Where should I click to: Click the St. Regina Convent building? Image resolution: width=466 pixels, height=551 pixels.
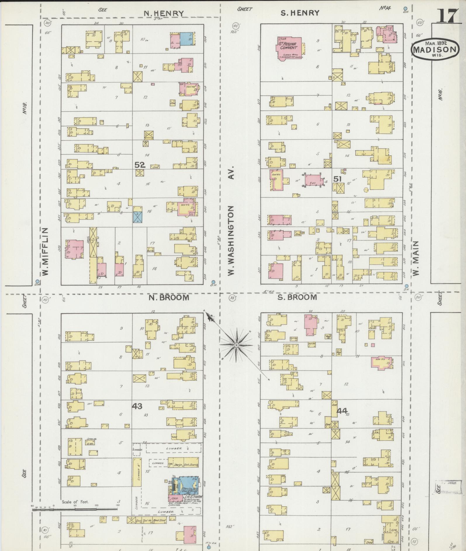289,47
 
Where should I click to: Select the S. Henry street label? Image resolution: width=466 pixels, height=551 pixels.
300,13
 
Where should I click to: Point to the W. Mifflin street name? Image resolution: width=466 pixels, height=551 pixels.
45,252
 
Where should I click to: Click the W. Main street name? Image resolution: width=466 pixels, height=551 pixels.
416,258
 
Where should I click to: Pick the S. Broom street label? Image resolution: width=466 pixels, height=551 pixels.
297,297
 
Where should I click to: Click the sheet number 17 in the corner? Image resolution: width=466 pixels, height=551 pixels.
447,17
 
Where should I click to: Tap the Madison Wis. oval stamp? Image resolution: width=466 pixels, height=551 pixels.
434,49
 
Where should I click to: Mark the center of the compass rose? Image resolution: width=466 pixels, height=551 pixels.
236,345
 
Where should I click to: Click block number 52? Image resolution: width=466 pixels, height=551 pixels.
140,165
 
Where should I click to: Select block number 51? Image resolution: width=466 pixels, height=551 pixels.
338,179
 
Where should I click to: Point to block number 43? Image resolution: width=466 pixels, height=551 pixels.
137,406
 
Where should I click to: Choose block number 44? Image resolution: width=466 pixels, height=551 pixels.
342,411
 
